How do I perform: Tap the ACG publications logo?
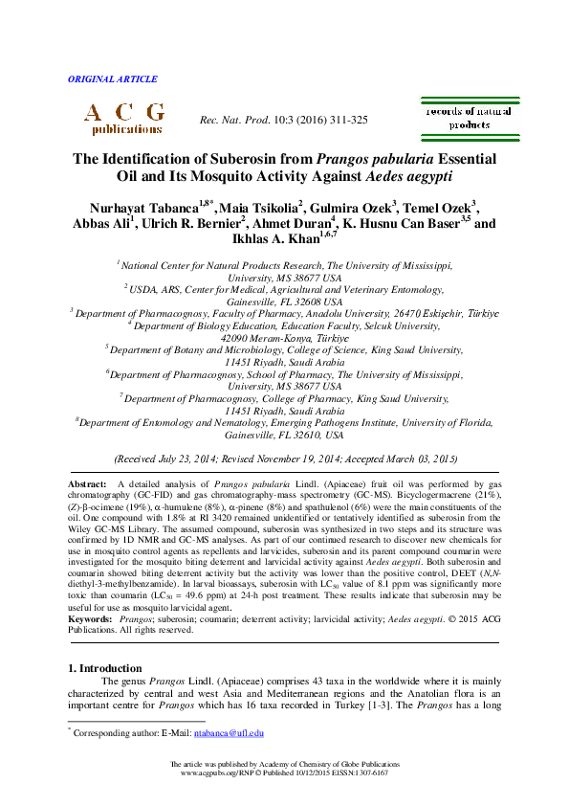pos(123,118)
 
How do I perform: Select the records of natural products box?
pos(469,119)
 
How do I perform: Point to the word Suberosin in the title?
pos(239,159)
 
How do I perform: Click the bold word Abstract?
pos(88,486)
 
